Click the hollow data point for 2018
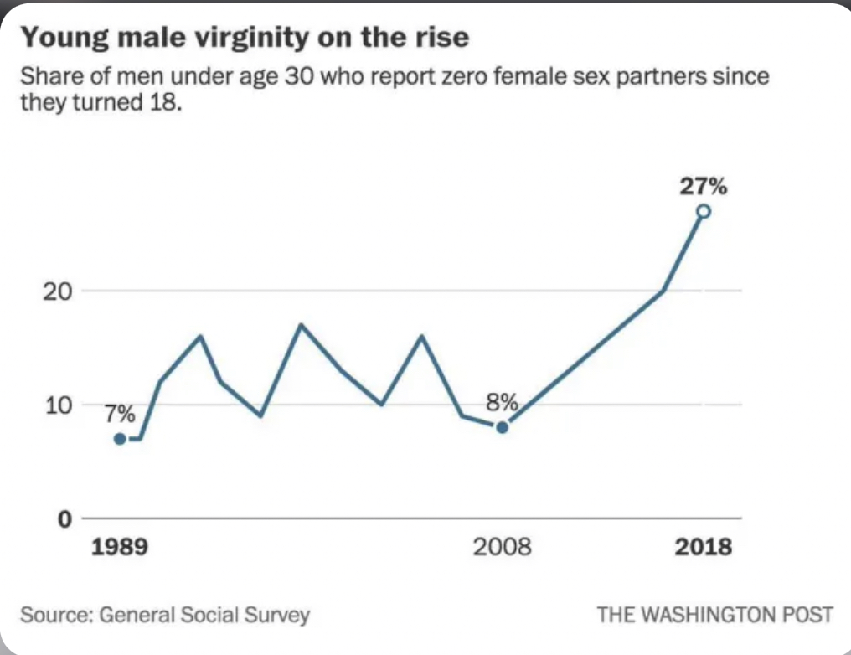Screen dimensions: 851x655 tap(704, 211)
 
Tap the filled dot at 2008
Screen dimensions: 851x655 tap(503, 427)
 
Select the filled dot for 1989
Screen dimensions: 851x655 tap(121, 438)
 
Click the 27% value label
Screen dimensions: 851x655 tap(704, 186)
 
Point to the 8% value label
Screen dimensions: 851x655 tap(502, 403)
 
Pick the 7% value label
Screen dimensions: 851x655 tap(120, 414)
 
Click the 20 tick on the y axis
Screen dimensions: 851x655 tap(57, 292)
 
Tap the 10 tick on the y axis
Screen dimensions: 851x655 tap(58, 405)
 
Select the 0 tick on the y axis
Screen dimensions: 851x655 tap(64, 519)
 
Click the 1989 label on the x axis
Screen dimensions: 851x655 tap(120, 546)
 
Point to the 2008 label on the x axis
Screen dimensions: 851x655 tap(502, 546)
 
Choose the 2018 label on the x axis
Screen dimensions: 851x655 tap(704, 546)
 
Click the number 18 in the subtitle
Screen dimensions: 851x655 tap(162, 101)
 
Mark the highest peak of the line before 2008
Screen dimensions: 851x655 tap(302, 324)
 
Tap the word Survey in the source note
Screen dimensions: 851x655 tap(276, 616)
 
